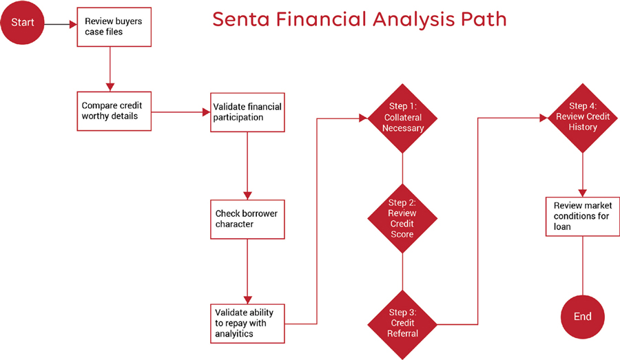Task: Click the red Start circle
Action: pyautogui.click(x=23, y=23)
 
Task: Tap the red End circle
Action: pyautogui.click(x=583, y=317)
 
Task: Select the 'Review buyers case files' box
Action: pyautogui.click(x=113, y=27)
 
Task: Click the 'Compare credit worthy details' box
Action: pyautogui.click(x=113, y=111)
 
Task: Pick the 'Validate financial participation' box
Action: pyautogui.click(x=247, y=112)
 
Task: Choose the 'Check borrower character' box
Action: pyautogui.click(x=247, y=219)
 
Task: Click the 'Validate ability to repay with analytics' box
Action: pyautogui.click(x=247, y=323)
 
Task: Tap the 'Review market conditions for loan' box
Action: pyautogui.click(x=583, y=216)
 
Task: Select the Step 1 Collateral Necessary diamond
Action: pyautogui.click(x=403, y=118)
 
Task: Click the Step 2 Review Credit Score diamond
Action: pyautogui.click(x=402, y=218)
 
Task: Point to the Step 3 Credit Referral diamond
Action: pyautogui.click(x=402, y=323)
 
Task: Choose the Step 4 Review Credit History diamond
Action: pyautogui.click(x=583, y=117)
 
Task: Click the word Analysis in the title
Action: pyautogui.click(x=401, y=20)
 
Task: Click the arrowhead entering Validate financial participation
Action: pyautogui.click(x=205, y=112)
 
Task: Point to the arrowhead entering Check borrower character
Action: pyautogui.click(x=247, y=195)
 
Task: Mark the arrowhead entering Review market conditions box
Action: pyautogui.click(x=583, y=193)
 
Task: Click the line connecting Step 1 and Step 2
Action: pyautogui.click(x=402, y=168)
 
